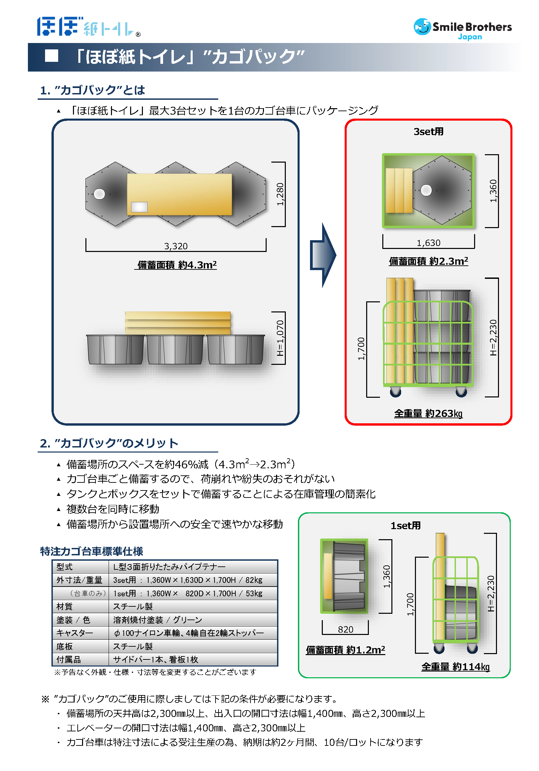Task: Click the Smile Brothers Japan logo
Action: pyautogui.click(x=462, y=29)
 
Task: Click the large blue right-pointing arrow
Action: pyautogui.click(x=322, y=255)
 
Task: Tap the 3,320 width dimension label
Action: pyautogui.click(x=176, y=246)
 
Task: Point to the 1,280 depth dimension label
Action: pyautogui.click(x=280, y=194)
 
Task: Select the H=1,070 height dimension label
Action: pyautogui.click(x=280, y=338)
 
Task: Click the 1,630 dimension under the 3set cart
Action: pyautogui.click(x=428, y=243)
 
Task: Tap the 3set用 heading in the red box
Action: pyautogui.click(x=428, y=132)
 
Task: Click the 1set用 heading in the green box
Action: pyautogui.click(x=406, y=526)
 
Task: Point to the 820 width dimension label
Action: pyautogui.click(x=345, y=630)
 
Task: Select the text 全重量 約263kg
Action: pyautogui.click(x=428, y=414)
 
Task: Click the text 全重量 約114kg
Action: pyautogui.click(x=456, y=667)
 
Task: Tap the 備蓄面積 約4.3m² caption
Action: pyautogui.click(x=177, y=265)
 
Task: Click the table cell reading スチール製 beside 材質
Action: pyautogui.click(x=133, y=606)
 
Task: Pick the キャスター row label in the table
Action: pyautogui.click(x=75, y=633)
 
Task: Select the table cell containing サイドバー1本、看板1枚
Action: pyautogui.click(x=156, y=659)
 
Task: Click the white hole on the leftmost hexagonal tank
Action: pyautogui.click(x=99, y=194)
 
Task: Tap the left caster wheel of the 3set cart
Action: pyautogui.click(x=395, y=392)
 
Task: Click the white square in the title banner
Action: pyautogui.click(x=51, y=56)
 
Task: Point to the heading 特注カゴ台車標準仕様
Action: pyautogui.click(x=91, y=551)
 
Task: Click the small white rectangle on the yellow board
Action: pyautogui.click(x=139, y=207)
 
